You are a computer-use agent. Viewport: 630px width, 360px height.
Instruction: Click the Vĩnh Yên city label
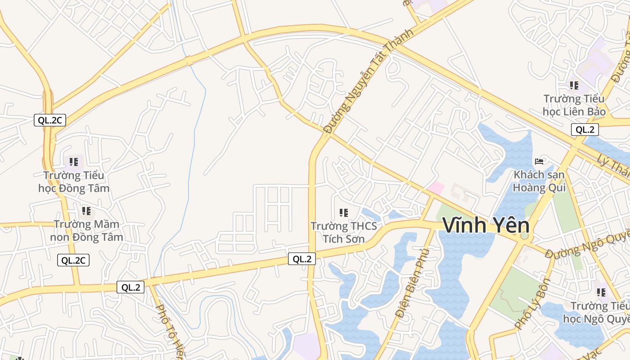(486, 225)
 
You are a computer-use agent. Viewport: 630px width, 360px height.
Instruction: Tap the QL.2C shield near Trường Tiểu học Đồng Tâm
(50, 120)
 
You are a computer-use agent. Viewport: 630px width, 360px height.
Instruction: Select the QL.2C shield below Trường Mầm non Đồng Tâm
(73, 260)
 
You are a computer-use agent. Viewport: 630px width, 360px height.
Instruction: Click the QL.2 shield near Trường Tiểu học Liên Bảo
(585, 130)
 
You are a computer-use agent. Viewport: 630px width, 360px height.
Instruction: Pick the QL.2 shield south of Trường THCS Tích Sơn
(302, 259)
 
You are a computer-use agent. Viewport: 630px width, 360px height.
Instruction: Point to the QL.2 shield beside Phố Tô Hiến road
(130, 287)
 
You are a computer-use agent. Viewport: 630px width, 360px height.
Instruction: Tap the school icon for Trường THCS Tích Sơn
(344, 212)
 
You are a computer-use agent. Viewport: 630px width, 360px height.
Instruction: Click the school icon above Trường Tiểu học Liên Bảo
(574, 85)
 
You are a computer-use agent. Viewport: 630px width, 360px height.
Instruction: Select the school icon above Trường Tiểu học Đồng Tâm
(74, 162)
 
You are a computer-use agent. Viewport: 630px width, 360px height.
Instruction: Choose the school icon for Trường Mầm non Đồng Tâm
(86, 211)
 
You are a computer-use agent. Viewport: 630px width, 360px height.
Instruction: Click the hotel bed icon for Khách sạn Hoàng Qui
(539, 161)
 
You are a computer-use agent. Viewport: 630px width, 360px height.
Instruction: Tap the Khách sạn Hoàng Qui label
(539, 181)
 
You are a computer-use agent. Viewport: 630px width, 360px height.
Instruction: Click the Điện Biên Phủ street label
(410, 281)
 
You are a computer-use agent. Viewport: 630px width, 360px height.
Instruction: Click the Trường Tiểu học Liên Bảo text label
(574, 105)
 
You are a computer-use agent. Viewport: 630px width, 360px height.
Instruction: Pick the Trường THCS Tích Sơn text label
(344, 232)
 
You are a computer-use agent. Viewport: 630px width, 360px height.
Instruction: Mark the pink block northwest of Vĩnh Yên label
(436, 188)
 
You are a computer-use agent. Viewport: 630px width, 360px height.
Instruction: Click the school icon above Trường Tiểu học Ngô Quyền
(601, 292)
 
